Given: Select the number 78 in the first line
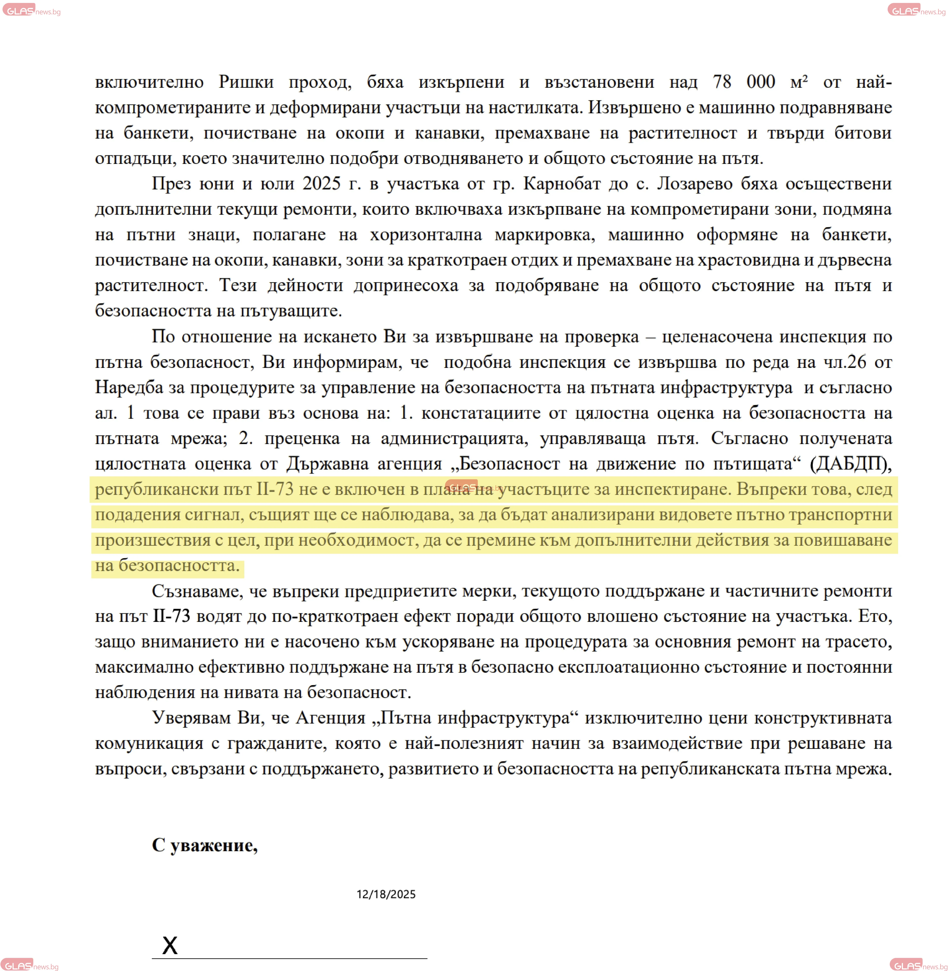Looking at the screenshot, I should (722, 82).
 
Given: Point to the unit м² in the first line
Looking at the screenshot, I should (798, 82).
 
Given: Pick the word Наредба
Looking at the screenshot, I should (129, 387).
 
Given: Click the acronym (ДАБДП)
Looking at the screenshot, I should (850, 464).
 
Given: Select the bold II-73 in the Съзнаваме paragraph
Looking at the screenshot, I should (171, 616).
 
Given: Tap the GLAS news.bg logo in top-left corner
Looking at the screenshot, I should (31, 11).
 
